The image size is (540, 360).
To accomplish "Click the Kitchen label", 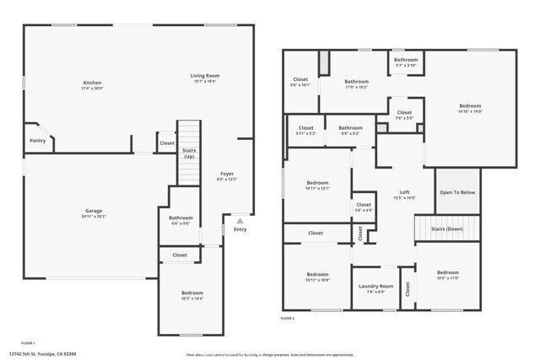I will click(92, 83).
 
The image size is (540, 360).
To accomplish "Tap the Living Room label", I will click(204, 76).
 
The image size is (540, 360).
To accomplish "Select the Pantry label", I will click(37, 140).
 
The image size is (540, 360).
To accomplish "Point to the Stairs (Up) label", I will click(189, 153).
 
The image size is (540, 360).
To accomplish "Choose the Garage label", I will click(94, 212).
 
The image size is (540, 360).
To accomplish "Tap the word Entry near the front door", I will click(240, 229).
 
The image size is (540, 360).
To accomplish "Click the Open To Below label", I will click(457, 192).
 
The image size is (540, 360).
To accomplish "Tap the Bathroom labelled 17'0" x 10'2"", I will click(356, 83).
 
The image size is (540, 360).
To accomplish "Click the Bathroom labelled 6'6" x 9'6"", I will click(181, 218).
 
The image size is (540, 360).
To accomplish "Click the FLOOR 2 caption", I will click(288, 318).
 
